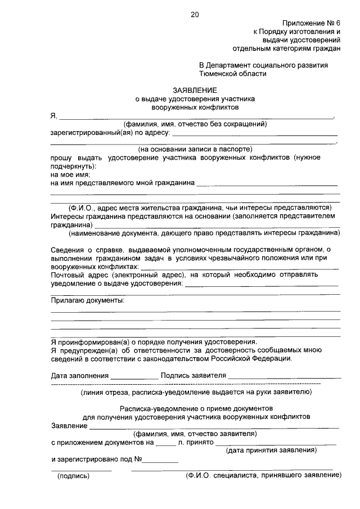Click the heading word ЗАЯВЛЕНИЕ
point(195,89)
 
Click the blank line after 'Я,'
point(197,117)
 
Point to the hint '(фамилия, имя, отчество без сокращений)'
point(195,124)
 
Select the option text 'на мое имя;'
point(70,175)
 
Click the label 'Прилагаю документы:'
point(88,301)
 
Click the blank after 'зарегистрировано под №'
point(163,460)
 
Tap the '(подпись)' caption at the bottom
point(74,476)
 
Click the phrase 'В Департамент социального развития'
point(263,65)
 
